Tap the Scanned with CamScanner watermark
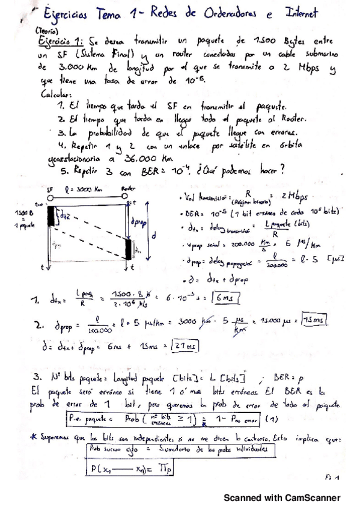coord(282,498)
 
